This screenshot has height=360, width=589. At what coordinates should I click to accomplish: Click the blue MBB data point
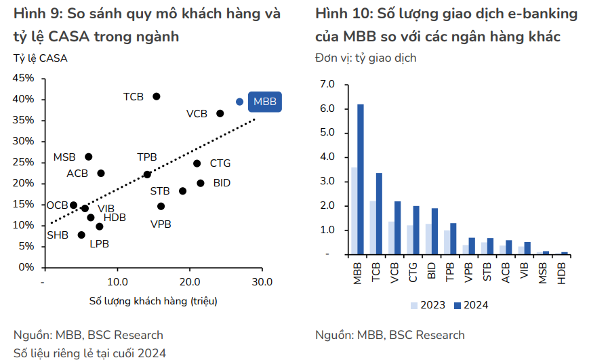point(239,102)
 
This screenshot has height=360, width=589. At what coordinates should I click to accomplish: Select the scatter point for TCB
point(157,96)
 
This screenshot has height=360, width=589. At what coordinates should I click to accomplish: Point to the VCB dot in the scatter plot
point(220,113)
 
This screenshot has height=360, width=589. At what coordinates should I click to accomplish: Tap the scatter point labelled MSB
point(88,157)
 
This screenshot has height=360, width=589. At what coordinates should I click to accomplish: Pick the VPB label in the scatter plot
point(161,224)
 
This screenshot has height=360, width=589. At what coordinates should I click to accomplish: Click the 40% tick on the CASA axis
point(24,99)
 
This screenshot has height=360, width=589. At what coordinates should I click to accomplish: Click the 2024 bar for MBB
point(361,179)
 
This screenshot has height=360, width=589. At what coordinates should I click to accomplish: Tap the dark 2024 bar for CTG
point(416,230)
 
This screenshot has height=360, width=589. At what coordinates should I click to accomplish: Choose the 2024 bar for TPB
point(453,239)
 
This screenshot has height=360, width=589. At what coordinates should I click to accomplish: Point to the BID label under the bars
point(431,273)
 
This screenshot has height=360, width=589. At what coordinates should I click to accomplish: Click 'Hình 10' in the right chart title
point(342,14)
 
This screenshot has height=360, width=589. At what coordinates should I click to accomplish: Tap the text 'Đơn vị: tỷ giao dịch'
point(366,58)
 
